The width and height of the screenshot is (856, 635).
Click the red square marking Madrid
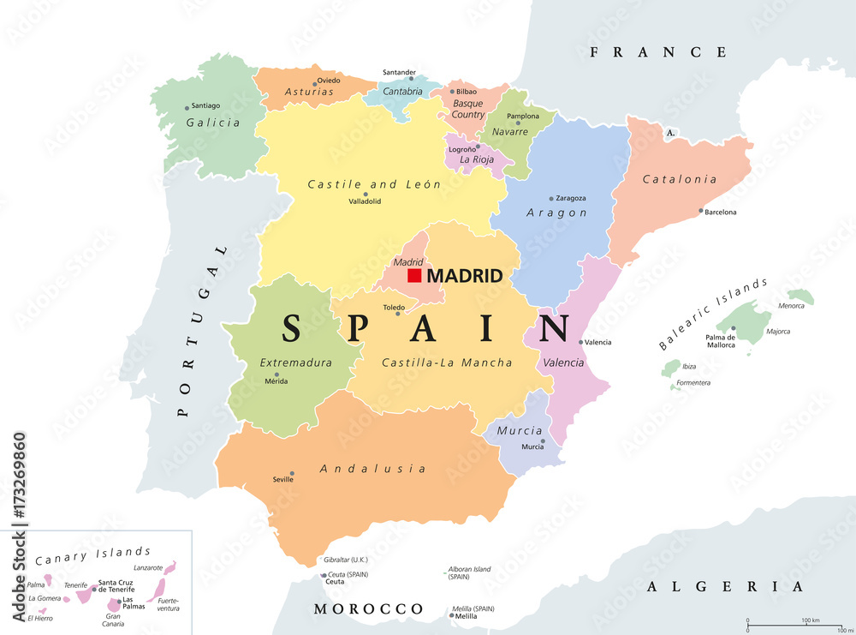414,276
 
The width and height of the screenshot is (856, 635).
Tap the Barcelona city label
720,212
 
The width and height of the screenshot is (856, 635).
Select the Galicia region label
213,123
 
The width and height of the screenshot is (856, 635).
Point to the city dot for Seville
293,473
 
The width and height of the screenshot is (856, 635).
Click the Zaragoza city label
571,198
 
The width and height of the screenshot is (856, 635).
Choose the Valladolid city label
365,201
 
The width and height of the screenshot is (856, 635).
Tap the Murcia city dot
543,441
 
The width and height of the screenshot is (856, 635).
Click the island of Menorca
800,297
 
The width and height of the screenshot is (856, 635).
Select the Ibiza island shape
671,369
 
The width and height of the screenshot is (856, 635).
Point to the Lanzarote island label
148,567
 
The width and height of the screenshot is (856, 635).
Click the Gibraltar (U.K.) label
346,560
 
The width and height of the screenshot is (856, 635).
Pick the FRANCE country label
658,52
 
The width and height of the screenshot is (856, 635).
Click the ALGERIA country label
726,587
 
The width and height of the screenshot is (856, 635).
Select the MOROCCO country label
368,609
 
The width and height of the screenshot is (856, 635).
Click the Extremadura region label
296,362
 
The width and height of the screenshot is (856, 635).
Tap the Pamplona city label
523,116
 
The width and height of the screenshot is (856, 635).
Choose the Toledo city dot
396,315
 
